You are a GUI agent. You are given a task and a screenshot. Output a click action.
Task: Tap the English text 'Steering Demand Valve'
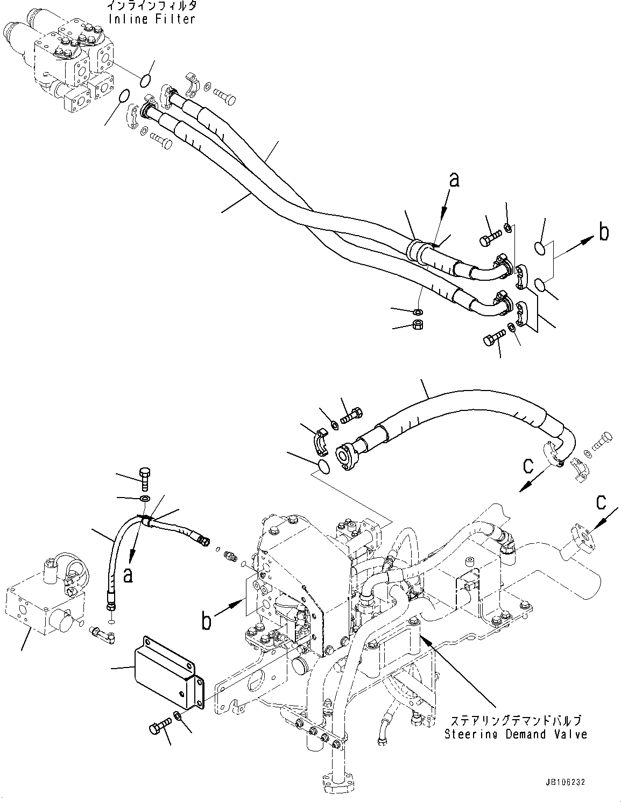tap(516, 734)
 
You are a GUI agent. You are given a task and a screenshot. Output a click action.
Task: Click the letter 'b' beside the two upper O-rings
tap(604, 232)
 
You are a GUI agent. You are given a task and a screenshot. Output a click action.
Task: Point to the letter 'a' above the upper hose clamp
tap(455, 180)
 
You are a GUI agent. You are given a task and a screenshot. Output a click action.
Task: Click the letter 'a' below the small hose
tap(128, 575)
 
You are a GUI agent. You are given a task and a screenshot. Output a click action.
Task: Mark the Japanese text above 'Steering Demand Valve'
tap(516, 720)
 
